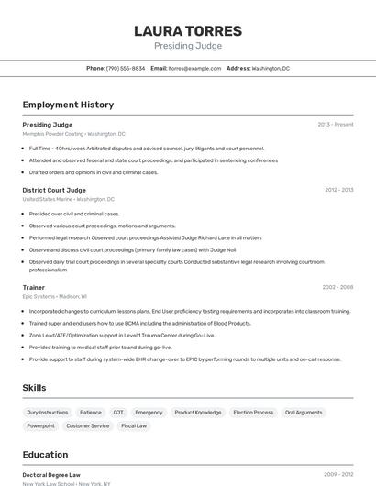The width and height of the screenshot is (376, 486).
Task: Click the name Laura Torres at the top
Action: pyautogui.click(x=188, y=30)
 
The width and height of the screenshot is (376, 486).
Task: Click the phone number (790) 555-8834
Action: pyautogui.click(x=126, y=68)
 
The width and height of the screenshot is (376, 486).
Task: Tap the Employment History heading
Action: pyautogui.click(x=68, y=105)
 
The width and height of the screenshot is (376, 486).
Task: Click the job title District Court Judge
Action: pyautogui.click(x=54, y=190)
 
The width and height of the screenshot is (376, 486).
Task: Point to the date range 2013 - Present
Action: pyautogui.click(x=335, y=124)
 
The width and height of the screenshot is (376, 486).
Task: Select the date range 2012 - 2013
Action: pyautogui.click(x=338, y=190)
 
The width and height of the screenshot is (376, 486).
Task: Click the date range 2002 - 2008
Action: pyautogui.click(x=337, y=287)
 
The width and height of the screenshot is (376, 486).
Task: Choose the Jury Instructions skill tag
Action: pyautogui.click(x=48, y=413)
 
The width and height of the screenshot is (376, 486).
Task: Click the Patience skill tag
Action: pyautogui.click(x=91, y=413)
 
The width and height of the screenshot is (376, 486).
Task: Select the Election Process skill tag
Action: pyautogui.click(x=253, y=413)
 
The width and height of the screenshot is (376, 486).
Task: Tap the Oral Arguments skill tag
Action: pyautogui.click(x=304, y=413)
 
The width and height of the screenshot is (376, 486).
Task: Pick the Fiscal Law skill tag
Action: pyautogui.click(x=134, y=425)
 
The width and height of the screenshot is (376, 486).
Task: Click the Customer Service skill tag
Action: pyautogui.click(x=88, y=425)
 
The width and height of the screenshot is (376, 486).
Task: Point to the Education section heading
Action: pyautogui.click(x=45, y=454)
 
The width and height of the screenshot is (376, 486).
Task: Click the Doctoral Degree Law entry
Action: pyautogui.click(x=51, y=475)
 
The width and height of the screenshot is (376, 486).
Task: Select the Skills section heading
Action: pyautogui.click(x=34, y=388)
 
